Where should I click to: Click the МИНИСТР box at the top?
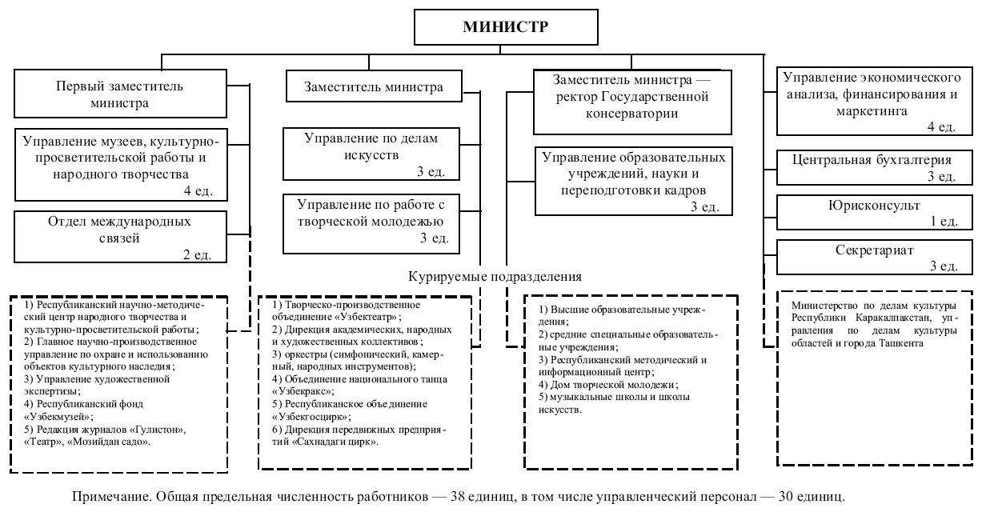pos(505,26)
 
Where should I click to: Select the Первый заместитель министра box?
pos(119,94)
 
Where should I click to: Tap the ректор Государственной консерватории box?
pos(632,101)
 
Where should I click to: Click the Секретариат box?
pos(874,257)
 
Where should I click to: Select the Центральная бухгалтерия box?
pos(874,166)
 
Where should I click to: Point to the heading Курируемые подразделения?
pos(495,276)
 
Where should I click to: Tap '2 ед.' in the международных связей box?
pos(196,254)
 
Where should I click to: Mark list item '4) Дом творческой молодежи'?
pos(603,385)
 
